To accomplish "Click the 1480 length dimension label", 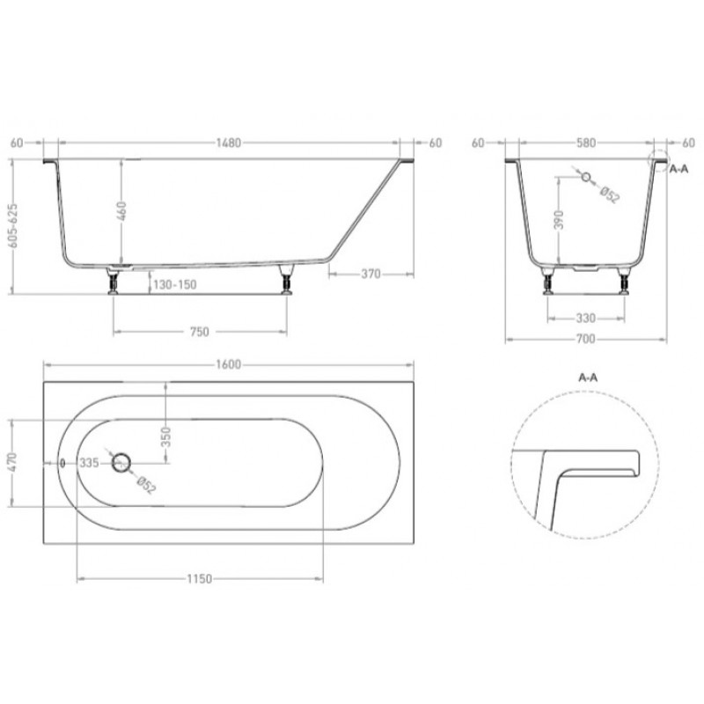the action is click(x=229, y=143).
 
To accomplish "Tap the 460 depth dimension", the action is click(x=121, y=211).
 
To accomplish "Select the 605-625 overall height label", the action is click(x=13, y=225).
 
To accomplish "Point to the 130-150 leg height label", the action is click(x=175, y=284).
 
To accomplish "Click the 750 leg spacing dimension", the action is click(x=200, y=332).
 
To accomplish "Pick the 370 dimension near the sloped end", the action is click(x=370, y=274).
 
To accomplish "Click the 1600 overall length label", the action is click(x=229, y=364).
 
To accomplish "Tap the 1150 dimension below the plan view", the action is click(x=200, y=579).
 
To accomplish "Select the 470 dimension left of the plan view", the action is click(x=12, y=462).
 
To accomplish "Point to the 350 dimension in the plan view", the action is click(x=165, y=436).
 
